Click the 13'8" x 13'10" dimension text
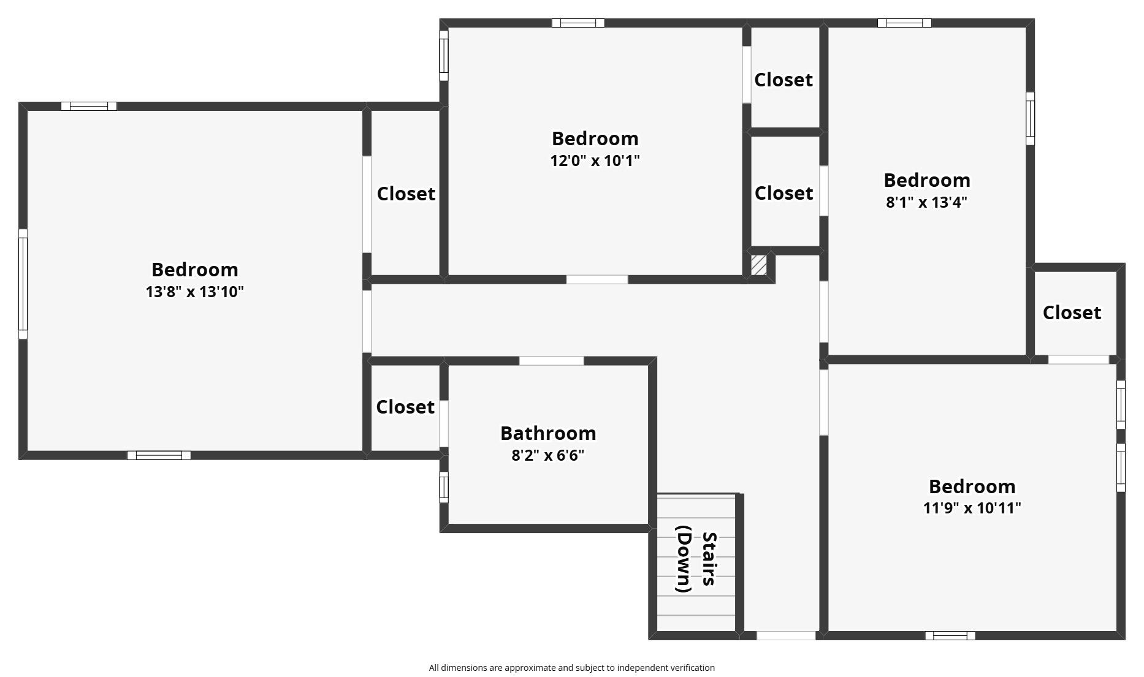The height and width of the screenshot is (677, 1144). click(194, 292)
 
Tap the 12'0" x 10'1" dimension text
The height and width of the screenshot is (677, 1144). click(595, 161)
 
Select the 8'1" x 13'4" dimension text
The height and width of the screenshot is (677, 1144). click(926, 202)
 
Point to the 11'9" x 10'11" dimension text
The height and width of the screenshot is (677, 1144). click(972, 508)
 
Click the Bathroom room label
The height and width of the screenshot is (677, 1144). click(548, 433)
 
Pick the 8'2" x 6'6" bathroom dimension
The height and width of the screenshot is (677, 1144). click(548, 455)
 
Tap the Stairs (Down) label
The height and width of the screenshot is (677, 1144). click(696, 559)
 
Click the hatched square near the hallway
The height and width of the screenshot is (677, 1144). click(759, 265)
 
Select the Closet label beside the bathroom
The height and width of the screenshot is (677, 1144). click(405, 407)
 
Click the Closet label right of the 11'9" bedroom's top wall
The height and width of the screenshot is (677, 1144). click(1072, 312)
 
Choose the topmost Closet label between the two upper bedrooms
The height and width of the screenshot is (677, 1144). click(784, 80)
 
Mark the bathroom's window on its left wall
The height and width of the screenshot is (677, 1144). click(444, 487)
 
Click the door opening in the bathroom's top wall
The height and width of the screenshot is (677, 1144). click(551, 361)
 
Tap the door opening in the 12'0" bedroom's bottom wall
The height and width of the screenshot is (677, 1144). click(597, 280)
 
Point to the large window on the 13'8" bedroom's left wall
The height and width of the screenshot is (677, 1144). click(23, 284)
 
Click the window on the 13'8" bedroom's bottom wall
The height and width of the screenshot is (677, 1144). click(159, 455)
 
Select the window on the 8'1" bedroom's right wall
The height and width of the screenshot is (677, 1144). click(1031, 119)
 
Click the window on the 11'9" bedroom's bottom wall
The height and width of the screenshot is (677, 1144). click(950, 636)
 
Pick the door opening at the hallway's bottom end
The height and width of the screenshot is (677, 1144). click(786, 636)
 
